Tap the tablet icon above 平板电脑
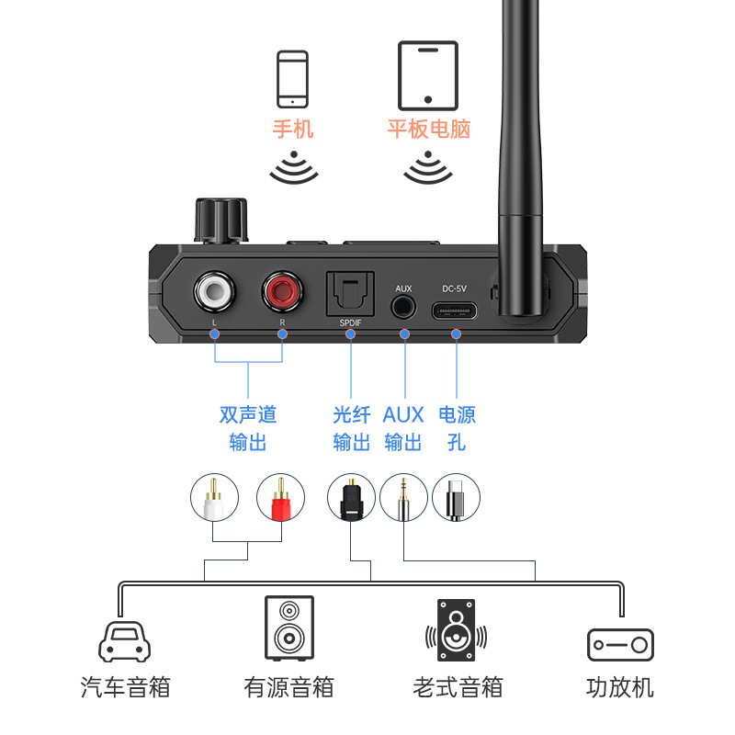427,75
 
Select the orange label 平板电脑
428,129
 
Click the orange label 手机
293,129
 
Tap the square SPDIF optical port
349,295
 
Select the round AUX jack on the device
403,308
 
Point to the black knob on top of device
221,220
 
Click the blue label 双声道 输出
248,428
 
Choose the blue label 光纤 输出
351,428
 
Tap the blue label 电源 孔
457,428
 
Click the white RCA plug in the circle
214,498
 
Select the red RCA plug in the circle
280,498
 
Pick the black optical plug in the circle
351,498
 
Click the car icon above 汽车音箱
123,639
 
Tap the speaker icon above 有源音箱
288,628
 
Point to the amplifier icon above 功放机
620,644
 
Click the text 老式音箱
458,686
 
